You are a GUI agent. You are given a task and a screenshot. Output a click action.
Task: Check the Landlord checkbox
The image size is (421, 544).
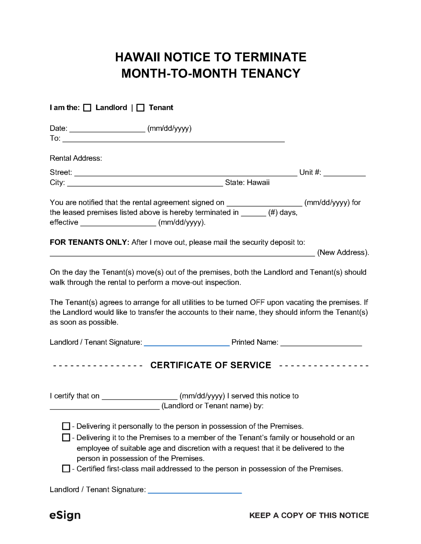click(x=87, y=108)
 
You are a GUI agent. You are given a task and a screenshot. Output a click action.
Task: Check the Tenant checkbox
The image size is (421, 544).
click(x=140, y=108)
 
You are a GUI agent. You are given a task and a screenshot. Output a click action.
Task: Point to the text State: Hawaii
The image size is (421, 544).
click(x=247, y=183)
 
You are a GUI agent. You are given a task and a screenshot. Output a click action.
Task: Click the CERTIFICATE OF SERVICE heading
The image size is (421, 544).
click(x=211, y=365)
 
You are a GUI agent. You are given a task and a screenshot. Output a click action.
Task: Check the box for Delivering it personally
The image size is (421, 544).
click(x=66, y=426)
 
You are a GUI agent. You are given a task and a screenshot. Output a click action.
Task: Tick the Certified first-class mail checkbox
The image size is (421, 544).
click(x=66, y=469)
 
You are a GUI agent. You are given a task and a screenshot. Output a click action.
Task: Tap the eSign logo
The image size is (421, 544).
click(x=65, y=515)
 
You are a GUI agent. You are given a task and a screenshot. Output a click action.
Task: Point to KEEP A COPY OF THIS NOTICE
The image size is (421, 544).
click(x=309, y=516)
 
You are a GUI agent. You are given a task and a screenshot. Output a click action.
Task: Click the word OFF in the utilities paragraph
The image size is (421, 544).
click(x=257, y=302)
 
